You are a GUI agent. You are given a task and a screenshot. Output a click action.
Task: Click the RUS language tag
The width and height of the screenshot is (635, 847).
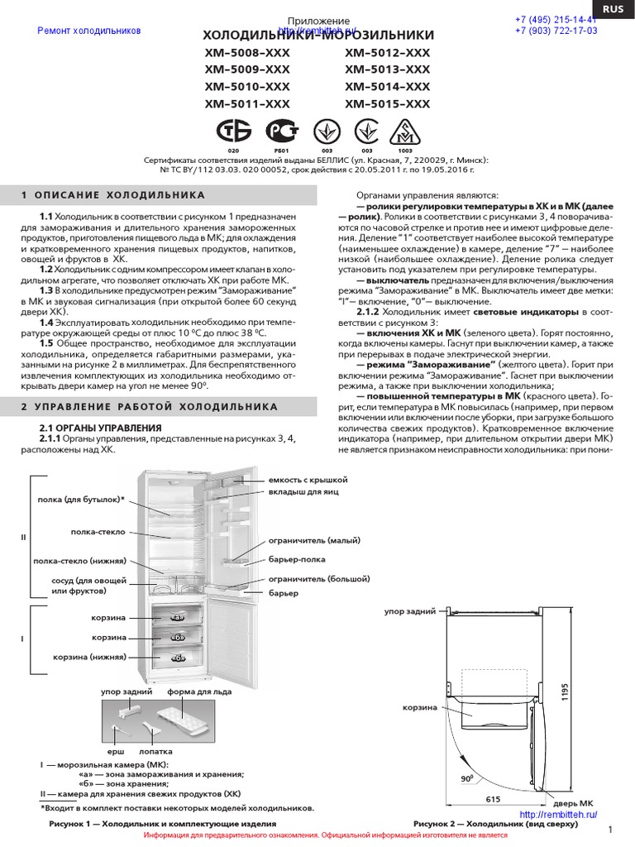point(613,9)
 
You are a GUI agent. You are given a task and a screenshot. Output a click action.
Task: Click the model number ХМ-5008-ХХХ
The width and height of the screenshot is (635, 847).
point(247,54)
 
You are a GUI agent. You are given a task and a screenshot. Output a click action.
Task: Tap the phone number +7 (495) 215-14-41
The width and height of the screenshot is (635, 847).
point(556,20)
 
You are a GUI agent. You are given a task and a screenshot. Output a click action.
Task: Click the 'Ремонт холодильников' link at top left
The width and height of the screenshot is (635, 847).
point(89,31)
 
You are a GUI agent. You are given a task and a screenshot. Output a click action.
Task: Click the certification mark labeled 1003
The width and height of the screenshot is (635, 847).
point(404,132)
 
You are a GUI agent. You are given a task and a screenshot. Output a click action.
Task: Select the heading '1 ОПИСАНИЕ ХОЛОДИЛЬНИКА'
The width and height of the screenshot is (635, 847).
point(112,195)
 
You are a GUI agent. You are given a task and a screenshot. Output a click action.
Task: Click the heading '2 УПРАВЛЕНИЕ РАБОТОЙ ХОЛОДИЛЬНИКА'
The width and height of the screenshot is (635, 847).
point(150,407)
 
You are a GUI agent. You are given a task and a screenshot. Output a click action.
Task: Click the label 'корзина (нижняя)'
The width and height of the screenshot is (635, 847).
point(90,656)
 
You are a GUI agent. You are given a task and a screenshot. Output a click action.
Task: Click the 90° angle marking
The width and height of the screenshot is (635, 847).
point(466,779)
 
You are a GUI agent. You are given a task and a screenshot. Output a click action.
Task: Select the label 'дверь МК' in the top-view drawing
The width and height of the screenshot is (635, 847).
point(574,803)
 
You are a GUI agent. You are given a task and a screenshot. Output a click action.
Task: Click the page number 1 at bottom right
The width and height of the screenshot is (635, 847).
point(609,830)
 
